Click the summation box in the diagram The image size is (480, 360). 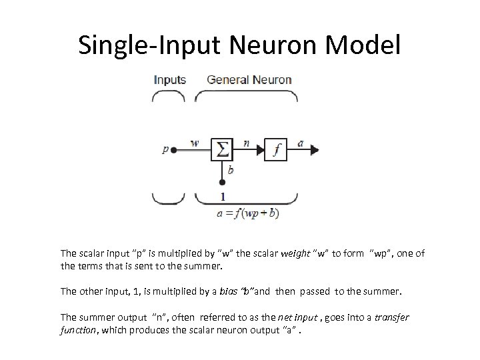pyautogui.click(x=221, y=150)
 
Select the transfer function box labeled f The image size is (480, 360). pyautogui.click(x=275, y=150)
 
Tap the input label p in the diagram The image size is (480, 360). pyautogui.click(x=165, y=150)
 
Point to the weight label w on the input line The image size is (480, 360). pyautogui.click(x=194, y=143)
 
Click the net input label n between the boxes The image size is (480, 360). pyautogui.click(x=247, y=142)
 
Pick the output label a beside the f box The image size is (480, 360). pyautogui.click(x=301, y=142)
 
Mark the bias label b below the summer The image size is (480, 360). pyautogui.click(x=230, y=170)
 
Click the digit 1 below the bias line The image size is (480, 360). pyautogui.click(x=222, y=196)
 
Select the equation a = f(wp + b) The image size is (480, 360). pyautogui.click(x=248, y=213)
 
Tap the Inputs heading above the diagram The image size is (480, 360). pyautogui.click(x=170, y=80)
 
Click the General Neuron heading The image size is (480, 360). pyautogui.click(x=249, y=80)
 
